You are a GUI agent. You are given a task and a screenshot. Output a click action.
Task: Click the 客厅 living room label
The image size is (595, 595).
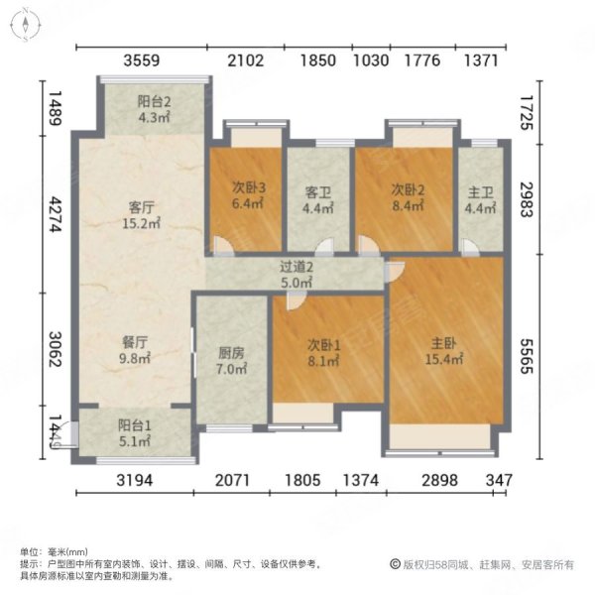[140, 207]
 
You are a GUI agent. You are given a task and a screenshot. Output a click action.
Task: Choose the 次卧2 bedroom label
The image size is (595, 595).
[407, 190]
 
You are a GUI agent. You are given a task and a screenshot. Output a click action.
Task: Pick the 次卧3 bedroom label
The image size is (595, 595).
[247, 190]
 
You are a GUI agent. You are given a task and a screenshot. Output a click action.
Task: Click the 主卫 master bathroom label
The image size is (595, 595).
[479, 190]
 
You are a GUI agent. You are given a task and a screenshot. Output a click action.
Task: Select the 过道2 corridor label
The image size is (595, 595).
[296, 266]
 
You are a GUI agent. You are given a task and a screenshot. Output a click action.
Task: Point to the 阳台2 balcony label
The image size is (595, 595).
[154, 100]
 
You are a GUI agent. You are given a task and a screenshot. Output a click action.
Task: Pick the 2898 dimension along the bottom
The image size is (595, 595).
[439, 481]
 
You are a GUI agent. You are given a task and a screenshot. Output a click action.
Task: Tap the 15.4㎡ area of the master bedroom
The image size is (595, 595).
[445, 359]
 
